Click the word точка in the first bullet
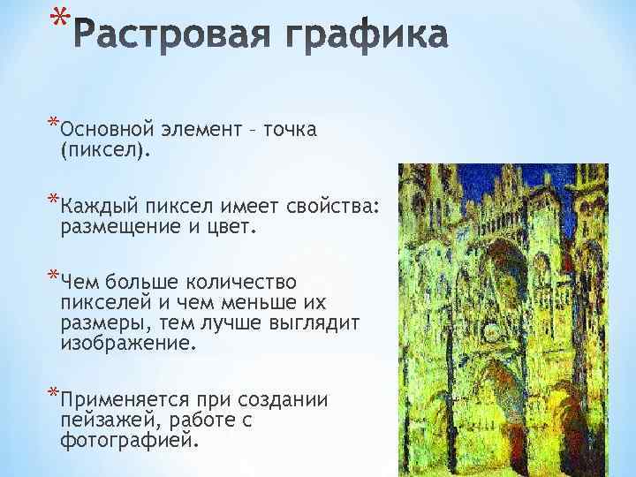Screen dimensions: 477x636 pyautogui.click(x=289, y=131)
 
